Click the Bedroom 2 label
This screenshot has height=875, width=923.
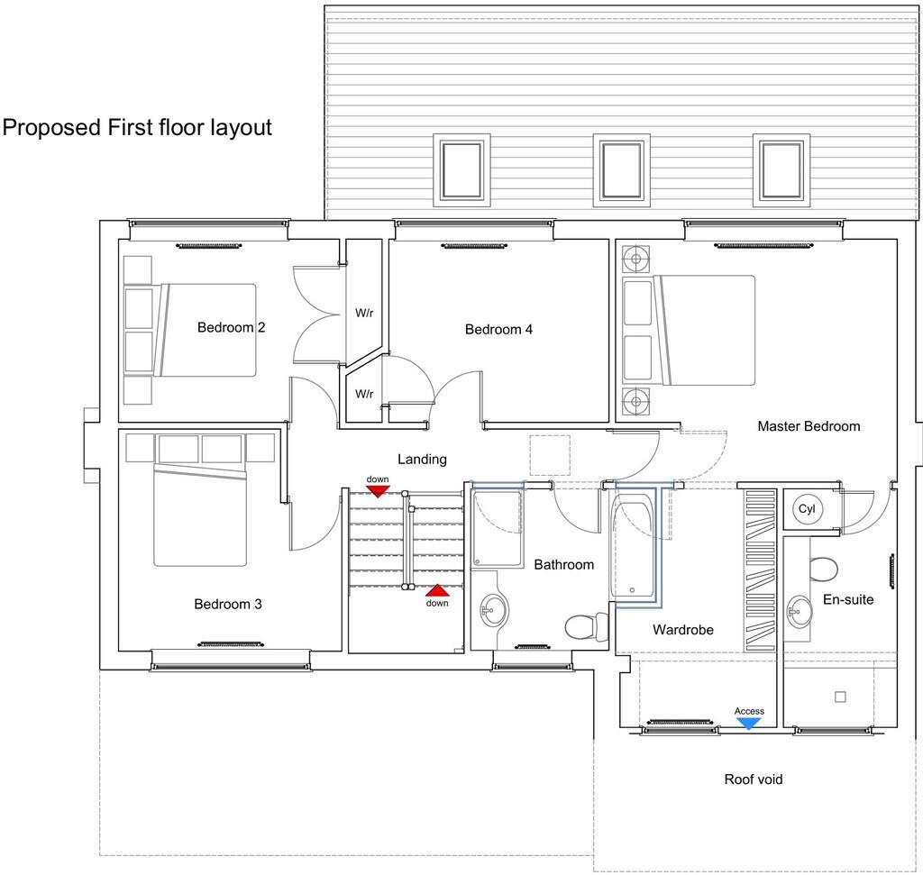pyautogui.click(x=231, y=327)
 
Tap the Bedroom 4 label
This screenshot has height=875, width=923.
pyautogui.click(x=498, y=329)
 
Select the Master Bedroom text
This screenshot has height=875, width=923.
pyautogui.click(x=808, y=425)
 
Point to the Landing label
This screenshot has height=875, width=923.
pyautogui.click(x=422, y=459)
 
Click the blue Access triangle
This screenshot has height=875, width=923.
pyautogui.click(x=749, y=721)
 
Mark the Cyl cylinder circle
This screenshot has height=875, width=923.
pyautogui.click(x=807, y=509)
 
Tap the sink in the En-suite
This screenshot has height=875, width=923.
pyautogui.click(x=799, y=611)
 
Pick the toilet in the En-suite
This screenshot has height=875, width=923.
pyautogui.click(x=823, y=569)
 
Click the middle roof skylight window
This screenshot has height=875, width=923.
pyautogui.click(x=621, y=170)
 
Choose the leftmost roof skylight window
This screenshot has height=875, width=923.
pyautogui.click(x=461, y=170)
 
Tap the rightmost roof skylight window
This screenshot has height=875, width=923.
pyautogui.click(x=781, y=170)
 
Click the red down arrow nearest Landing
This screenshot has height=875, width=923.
pyautogui.click(x=377, y=489)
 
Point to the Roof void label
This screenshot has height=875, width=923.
pyautogui.click(x=753, y=779)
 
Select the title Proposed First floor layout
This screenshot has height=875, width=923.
pyautogui.click(x=137, y=127)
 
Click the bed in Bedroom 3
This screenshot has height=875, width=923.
pyautogui.click(x=200, y=515)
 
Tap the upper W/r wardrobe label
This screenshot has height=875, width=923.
pyautogui.click(x=364, y=314)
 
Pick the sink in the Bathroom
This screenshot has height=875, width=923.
pyautogui.click(x=492, y=612)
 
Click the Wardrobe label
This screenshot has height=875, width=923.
pyautogui.click(x=682, y=629)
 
